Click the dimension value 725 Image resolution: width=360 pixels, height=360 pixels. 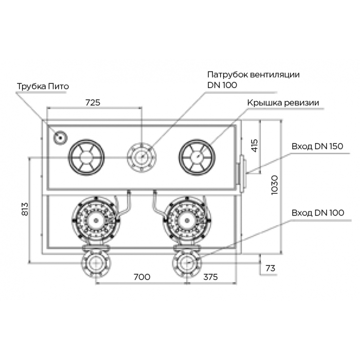coord(93,103)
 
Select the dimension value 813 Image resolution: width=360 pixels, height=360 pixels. coord(25,209)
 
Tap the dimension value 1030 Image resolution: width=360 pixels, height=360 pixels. coord(275,185)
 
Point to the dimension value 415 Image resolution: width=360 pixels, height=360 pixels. coord(255,146)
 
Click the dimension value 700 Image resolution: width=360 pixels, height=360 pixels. coord(142,277)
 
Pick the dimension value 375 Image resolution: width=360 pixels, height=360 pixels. coord(210,277)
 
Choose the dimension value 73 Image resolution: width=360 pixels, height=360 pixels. coord(270,268)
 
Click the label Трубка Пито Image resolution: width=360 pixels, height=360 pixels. coord(43,86)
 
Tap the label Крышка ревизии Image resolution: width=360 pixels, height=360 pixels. coord(283,103)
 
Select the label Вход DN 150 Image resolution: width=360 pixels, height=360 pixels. coord(317,146)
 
